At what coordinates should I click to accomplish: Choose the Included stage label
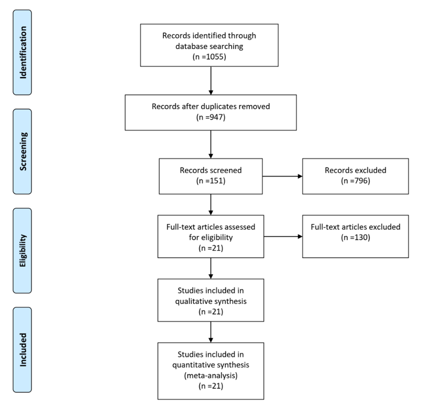click(24, 349)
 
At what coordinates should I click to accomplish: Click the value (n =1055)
click(211, 58)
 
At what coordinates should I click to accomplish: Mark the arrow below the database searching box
click(211, 80)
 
